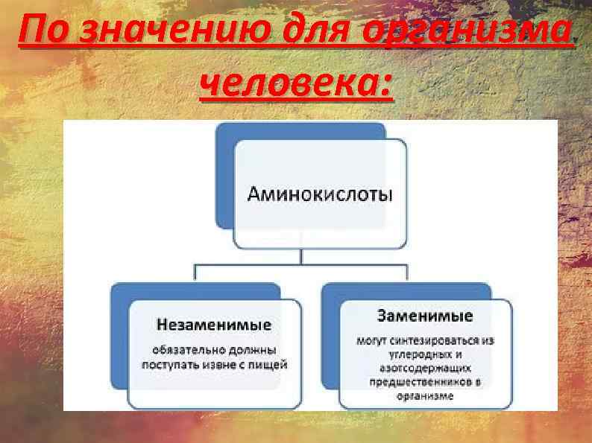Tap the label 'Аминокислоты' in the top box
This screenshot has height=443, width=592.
click(x=320, y=195)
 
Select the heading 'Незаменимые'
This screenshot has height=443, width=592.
click(x=213, y=325)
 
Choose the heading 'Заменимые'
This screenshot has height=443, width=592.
click(x=424, y=316)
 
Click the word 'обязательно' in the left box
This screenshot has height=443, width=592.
click(x=187, y=349)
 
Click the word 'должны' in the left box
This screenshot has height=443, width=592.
click(x=251, y=349)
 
